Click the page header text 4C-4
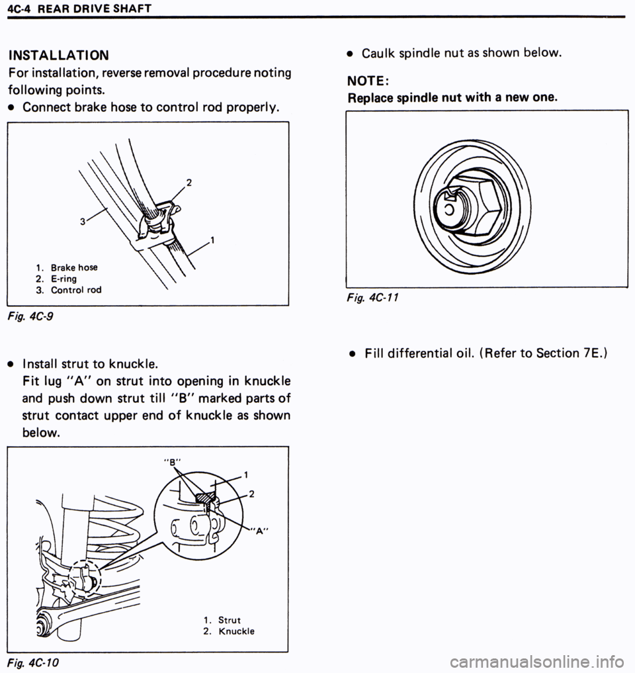[15, 9]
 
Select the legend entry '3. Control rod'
[69, 290]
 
